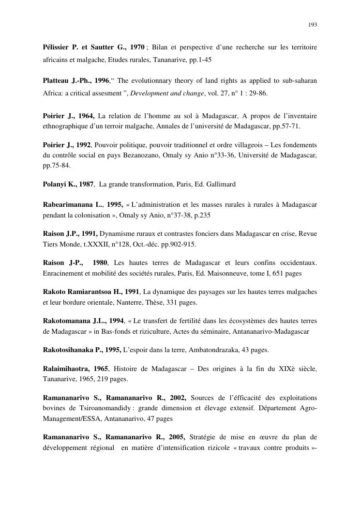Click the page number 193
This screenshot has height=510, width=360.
(313, 24)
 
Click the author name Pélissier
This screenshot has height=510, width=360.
(56, 47)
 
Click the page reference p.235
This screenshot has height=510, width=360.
(202, 215)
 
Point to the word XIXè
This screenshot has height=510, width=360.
(269, 370)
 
